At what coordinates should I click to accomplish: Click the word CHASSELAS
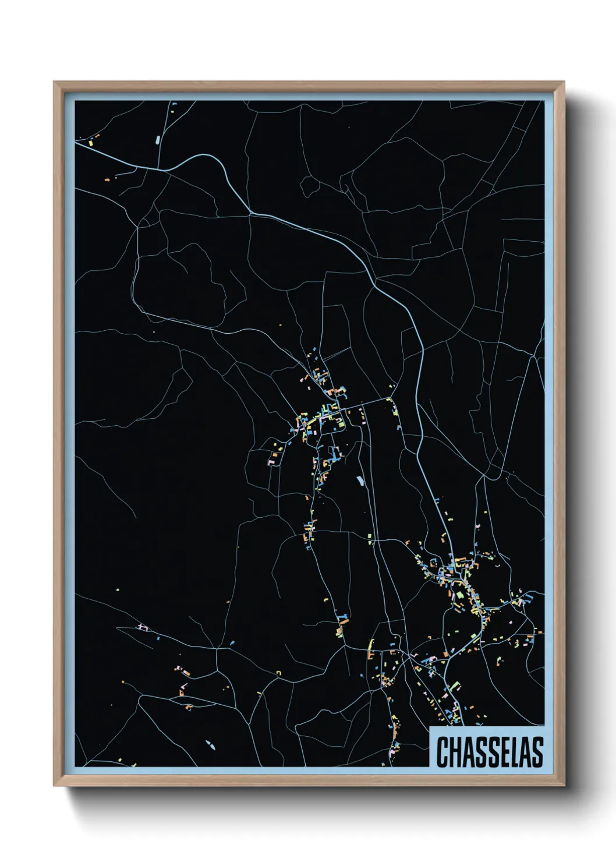tap(490, 752)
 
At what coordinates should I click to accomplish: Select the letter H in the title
tap(454, 752)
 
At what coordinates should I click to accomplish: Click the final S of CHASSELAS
tap(537, 752)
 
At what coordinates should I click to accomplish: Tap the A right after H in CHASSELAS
tap(466, 752)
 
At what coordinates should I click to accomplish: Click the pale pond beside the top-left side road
tap(158, 139)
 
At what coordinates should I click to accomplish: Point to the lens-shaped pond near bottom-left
tap(210, 744)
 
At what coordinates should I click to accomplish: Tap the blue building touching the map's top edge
tap(174, 104)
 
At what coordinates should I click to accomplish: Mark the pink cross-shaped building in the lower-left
tap(141, 627)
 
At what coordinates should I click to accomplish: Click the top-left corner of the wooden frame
tap(54, 82)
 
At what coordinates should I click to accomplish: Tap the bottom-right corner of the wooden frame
tap(564, 786)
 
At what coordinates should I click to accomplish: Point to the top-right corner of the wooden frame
tap(564, 82)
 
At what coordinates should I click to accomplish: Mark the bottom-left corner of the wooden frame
tap(54, 786)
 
